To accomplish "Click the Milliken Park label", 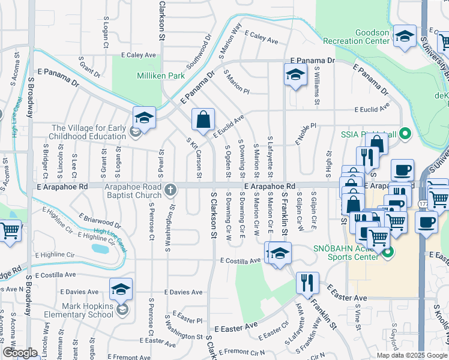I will click(152, 76).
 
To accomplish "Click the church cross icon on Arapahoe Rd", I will click(170, 190).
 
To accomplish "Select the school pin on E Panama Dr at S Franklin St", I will click(295, 75).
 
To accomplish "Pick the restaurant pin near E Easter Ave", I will click(307, 282).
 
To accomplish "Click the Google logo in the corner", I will click(20, 353).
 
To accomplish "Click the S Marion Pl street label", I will click(237, 81).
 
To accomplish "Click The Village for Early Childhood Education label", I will click(89, 132).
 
